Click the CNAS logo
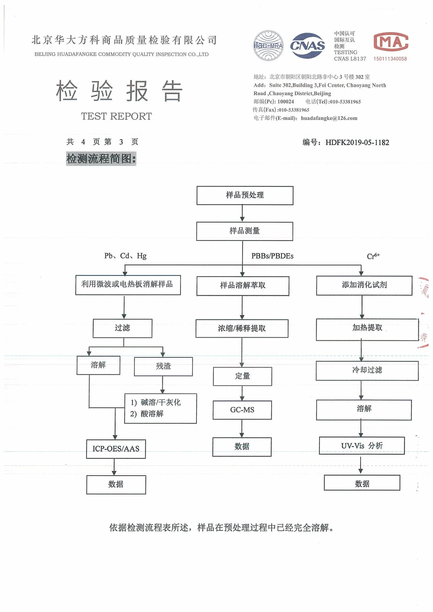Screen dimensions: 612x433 [307, 46]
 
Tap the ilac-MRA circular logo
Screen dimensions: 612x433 [268, 46]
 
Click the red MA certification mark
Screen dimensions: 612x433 [391, 42]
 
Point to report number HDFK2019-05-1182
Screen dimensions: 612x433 [357, 142]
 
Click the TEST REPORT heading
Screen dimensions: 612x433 [116, 116]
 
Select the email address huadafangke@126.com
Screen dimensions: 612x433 [329, 118]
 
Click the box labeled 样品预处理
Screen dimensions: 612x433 [245, 195]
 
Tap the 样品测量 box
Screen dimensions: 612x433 [245, 231]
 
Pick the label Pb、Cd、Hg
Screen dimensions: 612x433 [125, 256]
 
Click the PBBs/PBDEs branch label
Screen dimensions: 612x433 [272, 256]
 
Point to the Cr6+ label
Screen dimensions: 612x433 [373, 256]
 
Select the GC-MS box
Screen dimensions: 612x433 [242, 410]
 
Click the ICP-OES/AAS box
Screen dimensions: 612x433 [116, 449]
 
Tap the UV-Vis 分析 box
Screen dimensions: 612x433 [362, 446]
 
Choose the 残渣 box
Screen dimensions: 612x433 [163, 366]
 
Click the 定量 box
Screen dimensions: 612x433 [242, 376]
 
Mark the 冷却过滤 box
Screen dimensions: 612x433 [367, 370]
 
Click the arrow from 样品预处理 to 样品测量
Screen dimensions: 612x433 [242, 213]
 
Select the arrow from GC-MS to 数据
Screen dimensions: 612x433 [242, 428]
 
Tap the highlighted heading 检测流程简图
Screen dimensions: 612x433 [101, 158]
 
